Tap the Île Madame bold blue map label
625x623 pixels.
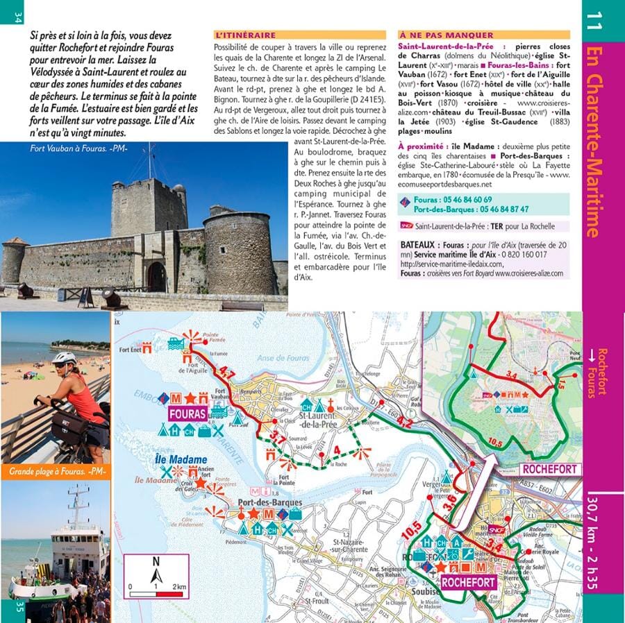click(181, 459)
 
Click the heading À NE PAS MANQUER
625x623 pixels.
click(446, 35)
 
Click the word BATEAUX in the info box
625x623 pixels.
click(418, 245)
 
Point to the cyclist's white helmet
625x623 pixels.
click(63, 358)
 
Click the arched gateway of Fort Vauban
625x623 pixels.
click(157, 276)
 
